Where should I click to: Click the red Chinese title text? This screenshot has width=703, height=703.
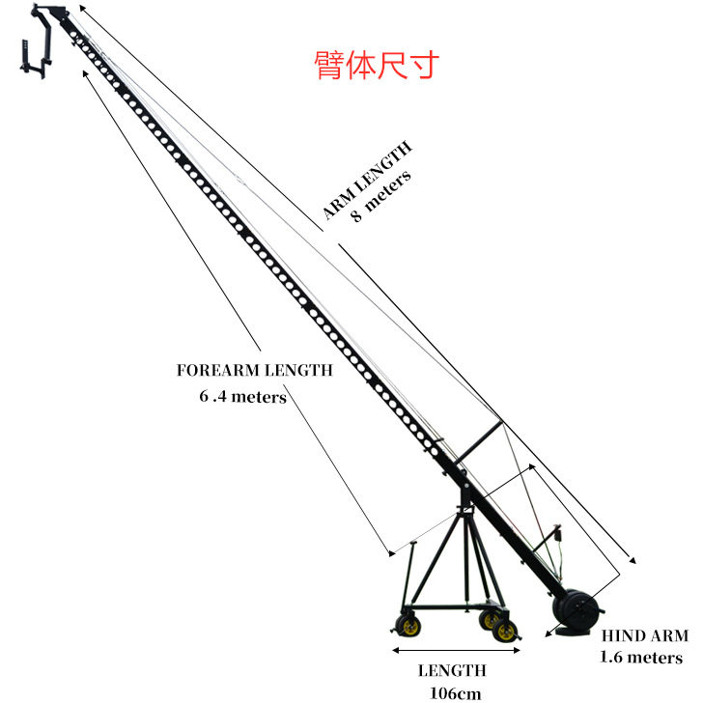pos(377,65)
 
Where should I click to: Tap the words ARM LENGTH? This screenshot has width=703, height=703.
pos(368,181)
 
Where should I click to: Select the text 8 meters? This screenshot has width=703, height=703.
pos(381,198)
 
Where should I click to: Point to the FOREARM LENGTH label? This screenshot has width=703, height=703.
pos(254,370)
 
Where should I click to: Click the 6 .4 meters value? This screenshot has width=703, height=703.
pos(241,396)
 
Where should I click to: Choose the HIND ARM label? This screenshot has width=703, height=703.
pos(645,635)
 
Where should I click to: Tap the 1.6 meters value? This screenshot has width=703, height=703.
pos(642,658)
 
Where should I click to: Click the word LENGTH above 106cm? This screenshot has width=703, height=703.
pos(452,670)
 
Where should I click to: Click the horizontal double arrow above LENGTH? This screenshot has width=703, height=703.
pos(454,652)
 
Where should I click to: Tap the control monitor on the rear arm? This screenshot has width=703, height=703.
pos(556,533)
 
